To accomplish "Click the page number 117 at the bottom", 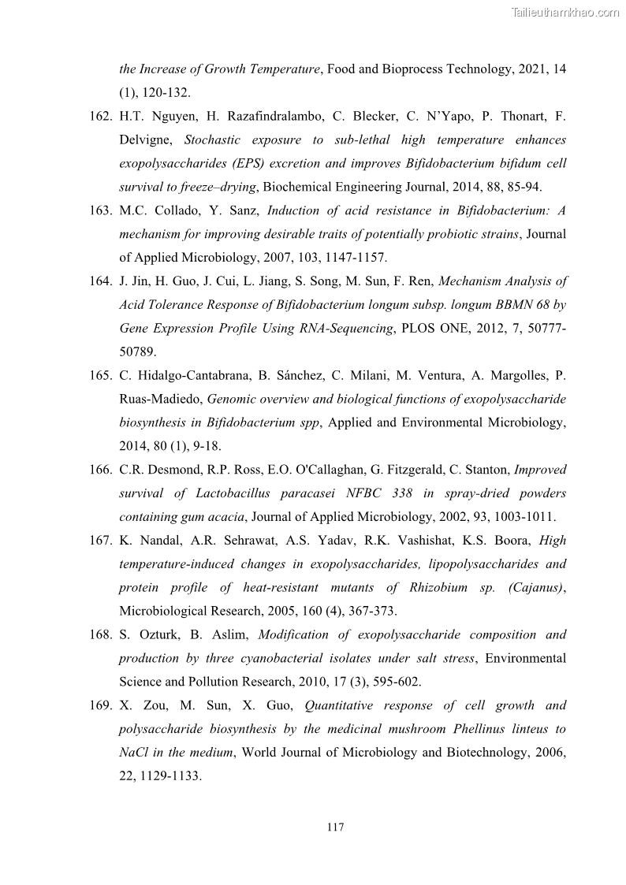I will [x=335, y=827].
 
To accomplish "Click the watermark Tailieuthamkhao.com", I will [x=565, y=12].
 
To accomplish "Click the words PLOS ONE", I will [x=433, y=328].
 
